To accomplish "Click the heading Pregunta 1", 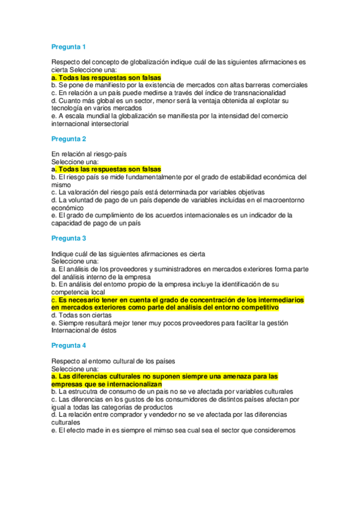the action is point(69,47).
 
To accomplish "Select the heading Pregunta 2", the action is point(69,139).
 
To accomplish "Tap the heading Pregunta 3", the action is point(69,238).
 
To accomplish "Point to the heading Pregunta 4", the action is point(69,345).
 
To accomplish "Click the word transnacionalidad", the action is point(255,93).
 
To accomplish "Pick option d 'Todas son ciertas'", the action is point(81,315).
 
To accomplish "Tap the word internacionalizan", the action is point(129,384).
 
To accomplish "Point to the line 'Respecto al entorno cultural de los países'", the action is point(113,361).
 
